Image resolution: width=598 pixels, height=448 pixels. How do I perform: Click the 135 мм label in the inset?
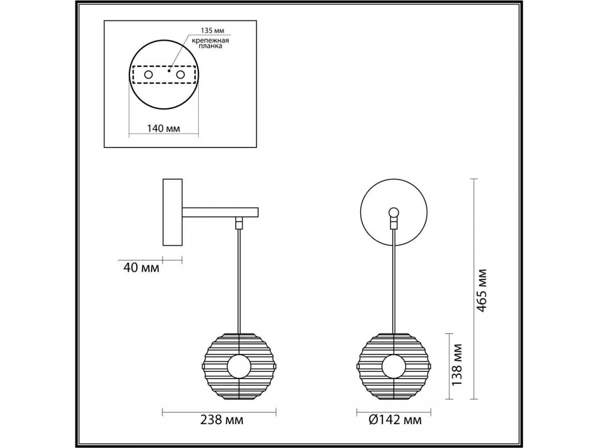coord(212,30)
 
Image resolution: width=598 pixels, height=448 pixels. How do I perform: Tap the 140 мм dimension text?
coord(163,128)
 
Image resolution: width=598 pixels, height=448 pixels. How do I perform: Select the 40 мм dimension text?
coord(141,268)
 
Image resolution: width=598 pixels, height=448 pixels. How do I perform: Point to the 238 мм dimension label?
coord(221,420)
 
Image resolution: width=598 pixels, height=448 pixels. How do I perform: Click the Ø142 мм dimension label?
coord(395,420)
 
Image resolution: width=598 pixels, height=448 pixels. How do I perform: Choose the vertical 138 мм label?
coord(457,365)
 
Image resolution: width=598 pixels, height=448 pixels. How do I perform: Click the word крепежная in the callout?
coord(210,41)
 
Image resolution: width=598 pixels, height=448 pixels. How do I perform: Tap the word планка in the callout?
coord(210,46)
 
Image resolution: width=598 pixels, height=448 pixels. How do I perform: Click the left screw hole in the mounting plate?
coord(149,75)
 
